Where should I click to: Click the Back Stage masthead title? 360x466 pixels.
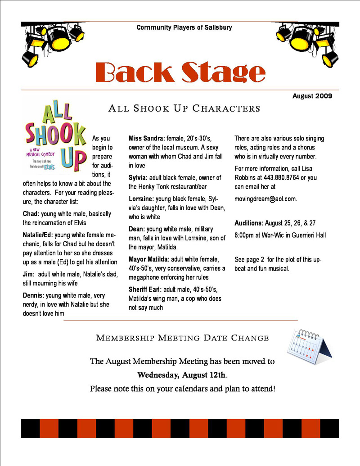click(x=180, y=72)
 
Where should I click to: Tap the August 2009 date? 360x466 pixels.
click(x=312, y=96)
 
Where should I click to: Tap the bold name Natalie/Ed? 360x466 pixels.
click(x=38, y=235)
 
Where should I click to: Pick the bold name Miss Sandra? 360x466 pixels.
click(x=146, y=138)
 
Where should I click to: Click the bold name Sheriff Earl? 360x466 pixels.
click(x=147, y=290)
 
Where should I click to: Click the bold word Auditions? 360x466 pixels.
click(x=249, y=223)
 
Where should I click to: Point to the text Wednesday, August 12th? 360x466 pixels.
click(x=182, y=375)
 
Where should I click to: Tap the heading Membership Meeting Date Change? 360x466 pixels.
click(x=183, y=338)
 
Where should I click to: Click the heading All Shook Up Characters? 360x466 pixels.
click(x=184, y=109)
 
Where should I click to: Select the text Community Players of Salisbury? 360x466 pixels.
click(x=184, y=27)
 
